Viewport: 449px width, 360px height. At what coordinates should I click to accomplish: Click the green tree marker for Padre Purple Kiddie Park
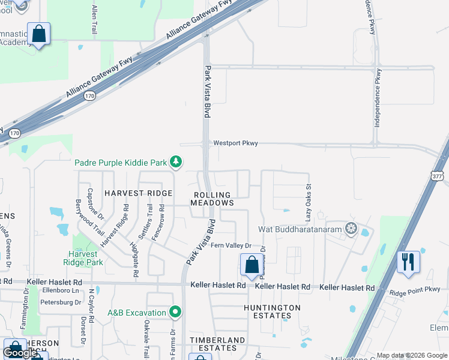pyautogui.click(x=176, y=161)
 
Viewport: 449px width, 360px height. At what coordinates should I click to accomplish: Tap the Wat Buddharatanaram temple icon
pyautogui.click(x=351, y=229)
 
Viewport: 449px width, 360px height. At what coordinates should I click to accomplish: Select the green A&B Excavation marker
pyautogui.click(x=175, y=311)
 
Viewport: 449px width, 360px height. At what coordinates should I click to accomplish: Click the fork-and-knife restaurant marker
pyautogui.click(x=408, y=262)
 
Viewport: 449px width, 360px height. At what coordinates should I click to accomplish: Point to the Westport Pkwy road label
pyautogui.click(x=235, y=143)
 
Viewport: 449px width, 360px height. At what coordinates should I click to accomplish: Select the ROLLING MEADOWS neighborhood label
pyautogui.click(x=212, y=199)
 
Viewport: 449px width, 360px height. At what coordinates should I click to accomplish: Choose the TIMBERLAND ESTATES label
pyautogui.click(x=217, y=344)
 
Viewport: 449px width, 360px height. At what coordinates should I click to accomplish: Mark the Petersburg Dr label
pyautogui.click(x=60, y=302)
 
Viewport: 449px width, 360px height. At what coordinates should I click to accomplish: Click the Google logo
pyautogui.click(x=20, y=353)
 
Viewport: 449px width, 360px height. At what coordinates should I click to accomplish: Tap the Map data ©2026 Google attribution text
pyautogui.click(x=412, y=355)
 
